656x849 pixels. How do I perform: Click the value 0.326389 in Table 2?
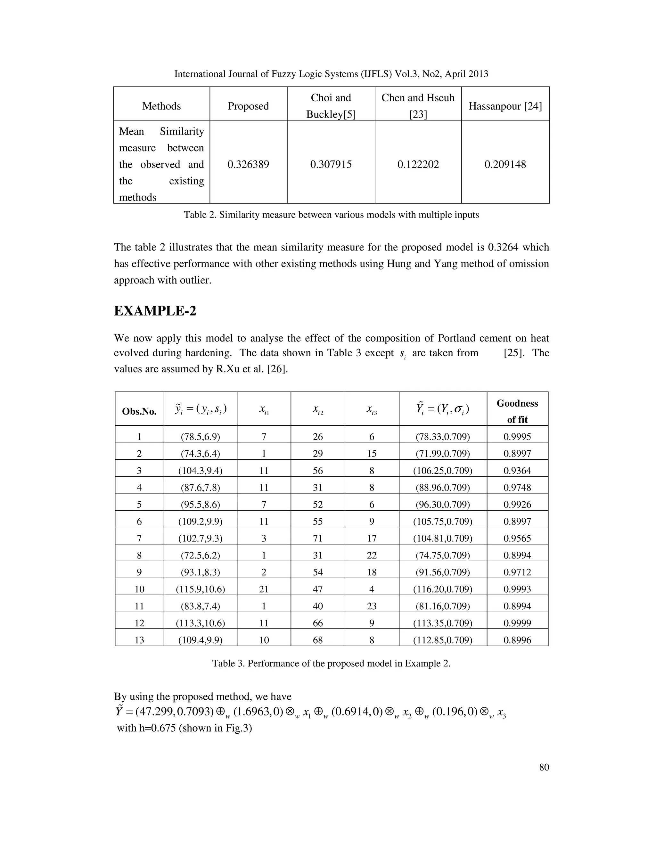tap(248, 164)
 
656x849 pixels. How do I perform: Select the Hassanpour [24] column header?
tap(505, 106)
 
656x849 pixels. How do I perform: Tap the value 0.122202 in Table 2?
tap(418, 164)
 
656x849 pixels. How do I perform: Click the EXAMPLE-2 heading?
tap(155, 311)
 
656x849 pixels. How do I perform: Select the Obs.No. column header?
tap(139, 411)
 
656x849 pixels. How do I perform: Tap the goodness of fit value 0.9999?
tap(517, 623)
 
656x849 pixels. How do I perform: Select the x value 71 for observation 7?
tap(317, 539)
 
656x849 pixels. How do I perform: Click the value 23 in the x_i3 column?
tap(372, 606)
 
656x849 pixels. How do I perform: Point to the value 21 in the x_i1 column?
tap(264, 589)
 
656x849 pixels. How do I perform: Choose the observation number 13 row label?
tap(139, 640)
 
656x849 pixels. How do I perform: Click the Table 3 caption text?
tap(331, 663)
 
